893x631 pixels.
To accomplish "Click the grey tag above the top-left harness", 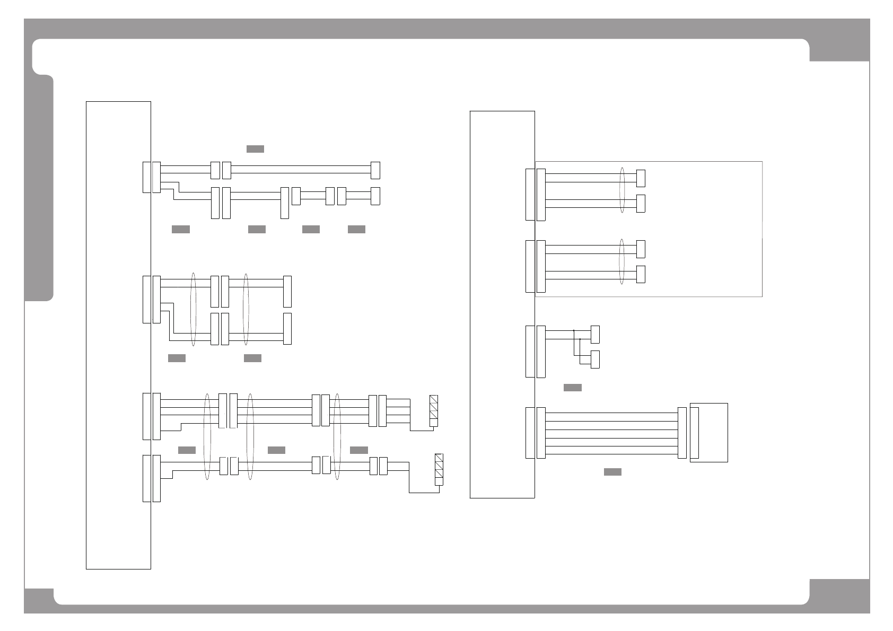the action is [x=255, y=149].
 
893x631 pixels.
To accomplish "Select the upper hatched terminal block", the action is [x=434, y=411].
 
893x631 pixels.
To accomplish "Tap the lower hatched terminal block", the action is [x=439, y=470].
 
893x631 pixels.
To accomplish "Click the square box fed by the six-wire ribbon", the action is [x=709, y=433].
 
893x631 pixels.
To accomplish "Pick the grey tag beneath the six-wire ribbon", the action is [x=612, y=472].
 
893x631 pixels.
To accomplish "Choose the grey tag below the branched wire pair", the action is [x=572, y=388].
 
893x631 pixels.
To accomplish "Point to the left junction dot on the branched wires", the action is [x=574, y=331].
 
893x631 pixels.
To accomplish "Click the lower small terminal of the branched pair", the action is [x=595, y=360].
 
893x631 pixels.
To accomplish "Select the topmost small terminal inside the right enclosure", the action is [x=641, y=178].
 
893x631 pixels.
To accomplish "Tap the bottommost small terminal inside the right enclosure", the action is [x=641, y=274].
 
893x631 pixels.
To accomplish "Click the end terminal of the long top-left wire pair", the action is [x=375, y=170].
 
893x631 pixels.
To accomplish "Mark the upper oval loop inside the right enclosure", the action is [x=623, y=190].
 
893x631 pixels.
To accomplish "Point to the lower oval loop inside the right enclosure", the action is [x=623, y=261].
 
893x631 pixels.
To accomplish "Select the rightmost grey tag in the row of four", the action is [x=356, y=229].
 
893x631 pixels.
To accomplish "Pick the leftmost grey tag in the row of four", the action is [x=180, y=229].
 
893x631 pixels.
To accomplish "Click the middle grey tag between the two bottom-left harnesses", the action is [x=276, y=450].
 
